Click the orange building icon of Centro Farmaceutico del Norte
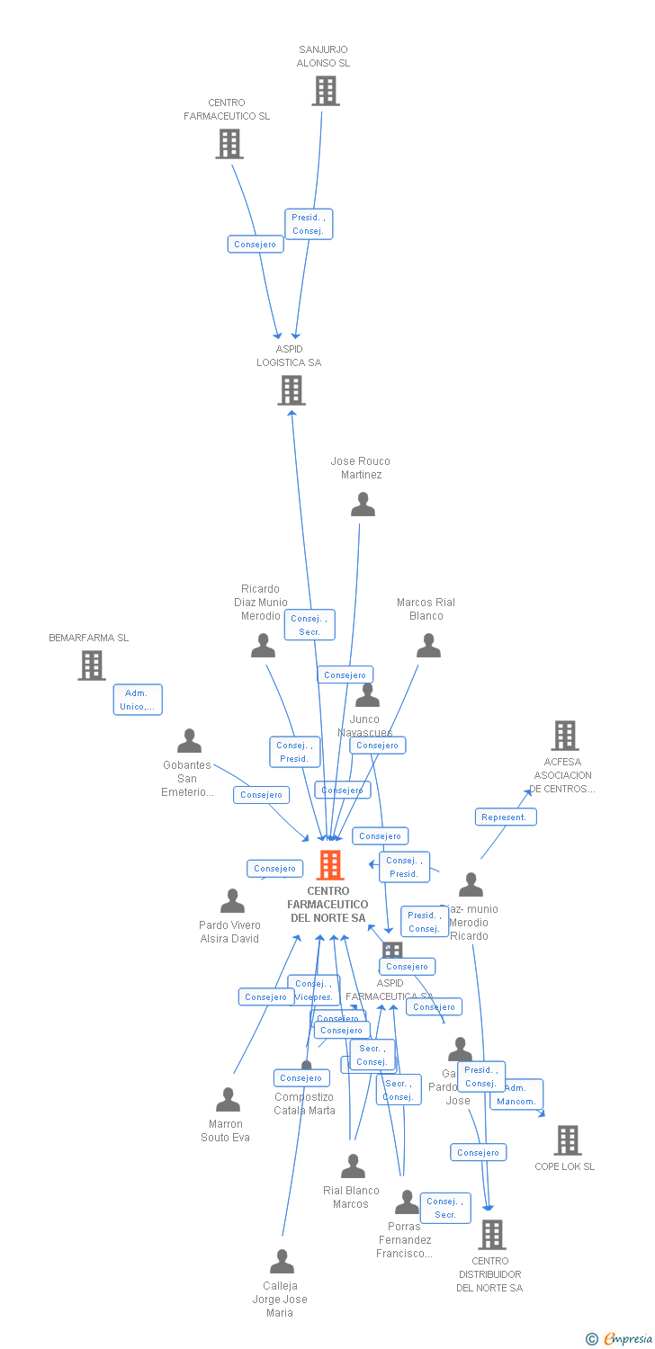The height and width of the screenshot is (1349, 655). [x=330, y=865]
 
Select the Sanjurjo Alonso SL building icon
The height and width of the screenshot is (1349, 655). [x=326, y=91]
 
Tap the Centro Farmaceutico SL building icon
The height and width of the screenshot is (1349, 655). [x=229, y=144]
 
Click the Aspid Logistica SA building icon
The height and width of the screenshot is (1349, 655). [x=291, y=390]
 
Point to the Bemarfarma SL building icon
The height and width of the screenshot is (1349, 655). [x=91, y=666]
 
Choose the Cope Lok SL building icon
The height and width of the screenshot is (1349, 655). [x=567, y=1140]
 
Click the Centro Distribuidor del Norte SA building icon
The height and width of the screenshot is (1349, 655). [x=492, y=1235]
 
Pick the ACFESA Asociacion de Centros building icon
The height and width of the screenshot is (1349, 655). [x=564, y=736]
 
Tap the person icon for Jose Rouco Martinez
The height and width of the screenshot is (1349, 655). [x=363, y=505]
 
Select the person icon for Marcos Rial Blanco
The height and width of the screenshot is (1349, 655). [x=428, y=646]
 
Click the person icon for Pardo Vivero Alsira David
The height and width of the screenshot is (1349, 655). [x=232, y=901]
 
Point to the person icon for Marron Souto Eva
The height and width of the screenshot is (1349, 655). [x=228, y=1100]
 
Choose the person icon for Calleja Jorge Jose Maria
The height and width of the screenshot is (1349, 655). [x=282, y=1262]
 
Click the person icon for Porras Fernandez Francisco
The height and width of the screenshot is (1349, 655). [x=407, y=1202]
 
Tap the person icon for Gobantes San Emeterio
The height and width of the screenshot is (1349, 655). [x=189, y=741]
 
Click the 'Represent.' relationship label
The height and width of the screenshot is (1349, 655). [x=506, y=817]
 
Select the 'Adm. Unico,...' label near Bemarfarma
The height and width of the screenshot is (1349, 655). [x=138, y=700]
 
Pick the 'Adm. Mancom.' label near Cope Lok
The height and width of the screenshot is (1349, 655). [x=516, y=1094]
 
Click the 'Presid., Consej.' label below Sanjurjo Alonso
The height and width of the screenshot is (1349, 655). [x=309, y=224]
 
